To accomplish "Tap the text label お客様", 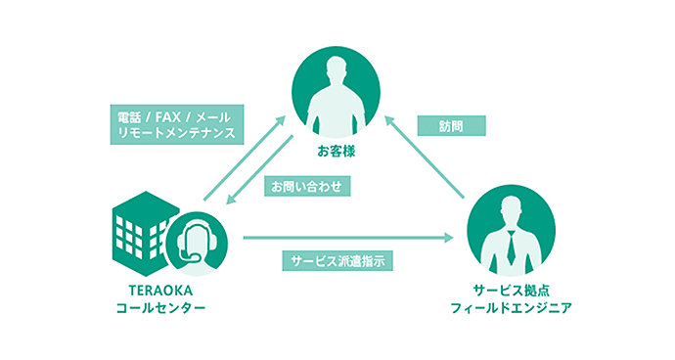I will coord(337,152).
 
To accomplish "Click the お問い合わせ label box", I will coord(304,185).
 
